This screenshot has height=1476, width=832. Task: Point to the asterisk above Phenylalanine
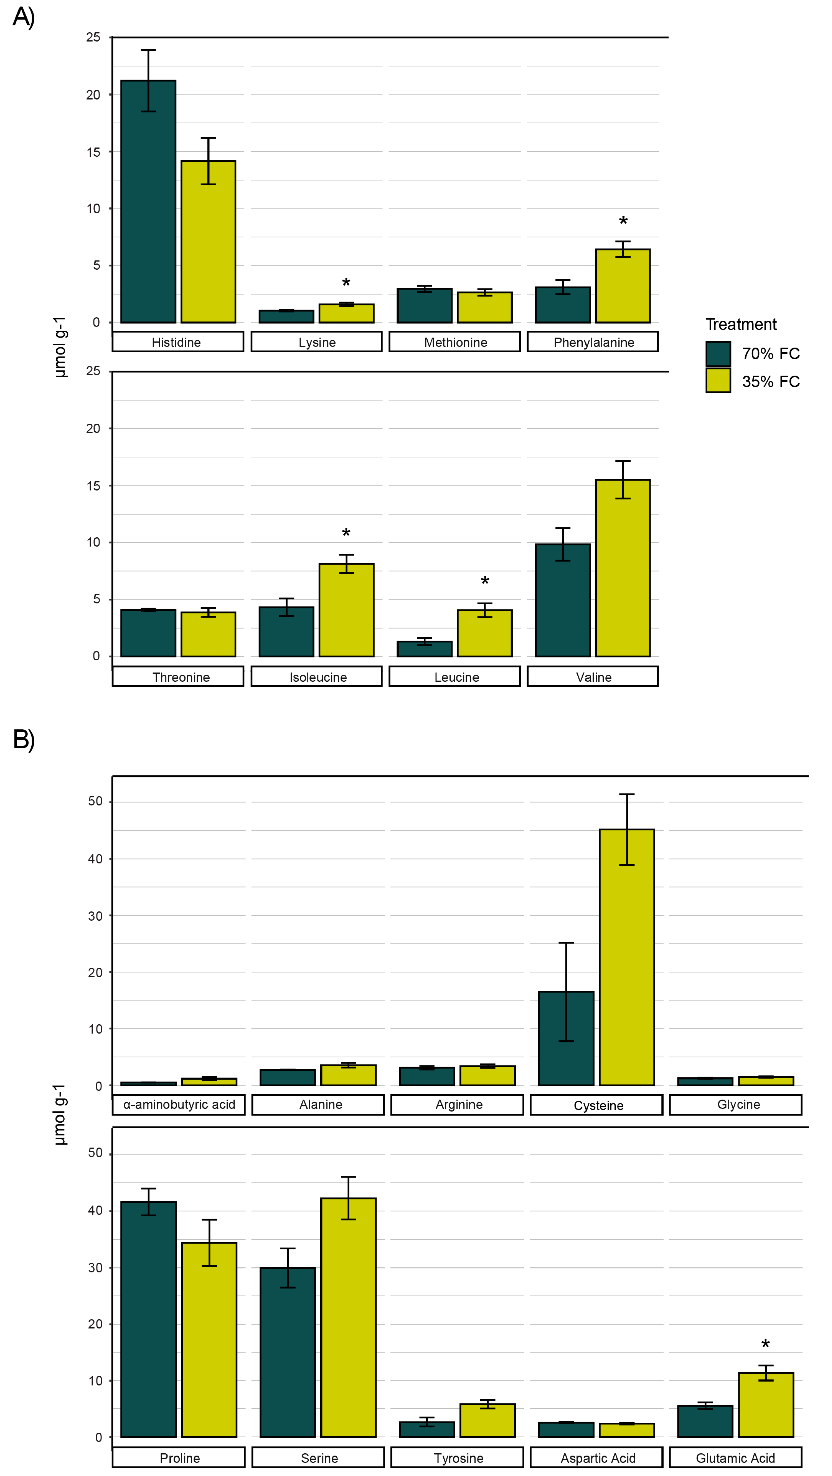[623, 222]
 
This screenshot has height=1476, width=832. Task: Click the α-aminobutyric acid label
[179, 1104]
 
